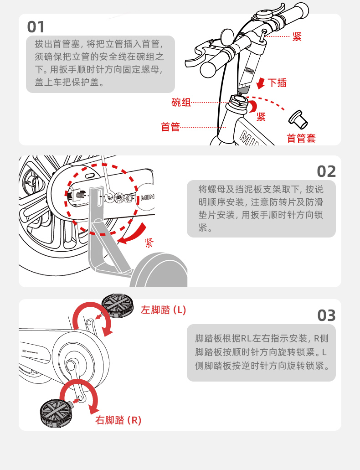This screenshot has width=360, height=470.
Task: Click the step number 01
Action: click(x=36, y=26)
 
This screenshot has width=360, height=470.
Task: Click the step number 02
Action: click(x=326, y=171)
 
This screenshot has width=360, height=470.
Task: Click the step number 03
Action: click(x=326, y=315)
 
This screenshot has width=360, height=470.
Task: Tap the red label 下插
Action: click(x=277, y=83)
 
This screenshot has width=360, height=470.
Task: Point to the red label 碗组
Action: click(x=181, y=103)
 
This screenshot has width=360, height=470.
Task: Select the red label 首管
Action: click(x=170, y=127)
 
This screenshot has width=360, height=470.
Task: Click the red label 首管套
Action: click(x=301, y=138)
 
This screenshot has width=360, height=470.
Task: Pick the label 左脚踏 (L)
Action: click(x=163, y=310)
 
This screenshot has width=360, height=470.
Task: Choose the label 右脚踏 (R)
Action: click(x=118, y=420)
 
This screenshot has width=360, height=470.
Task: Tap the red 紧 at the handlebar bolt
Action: click(x=297, y=37)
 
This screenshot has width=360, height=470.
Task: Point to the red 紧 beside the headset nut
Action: click(x=261, y=117)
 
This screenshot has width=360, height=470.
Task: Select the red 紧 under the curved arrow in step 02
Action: click(x=149, y=243)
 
